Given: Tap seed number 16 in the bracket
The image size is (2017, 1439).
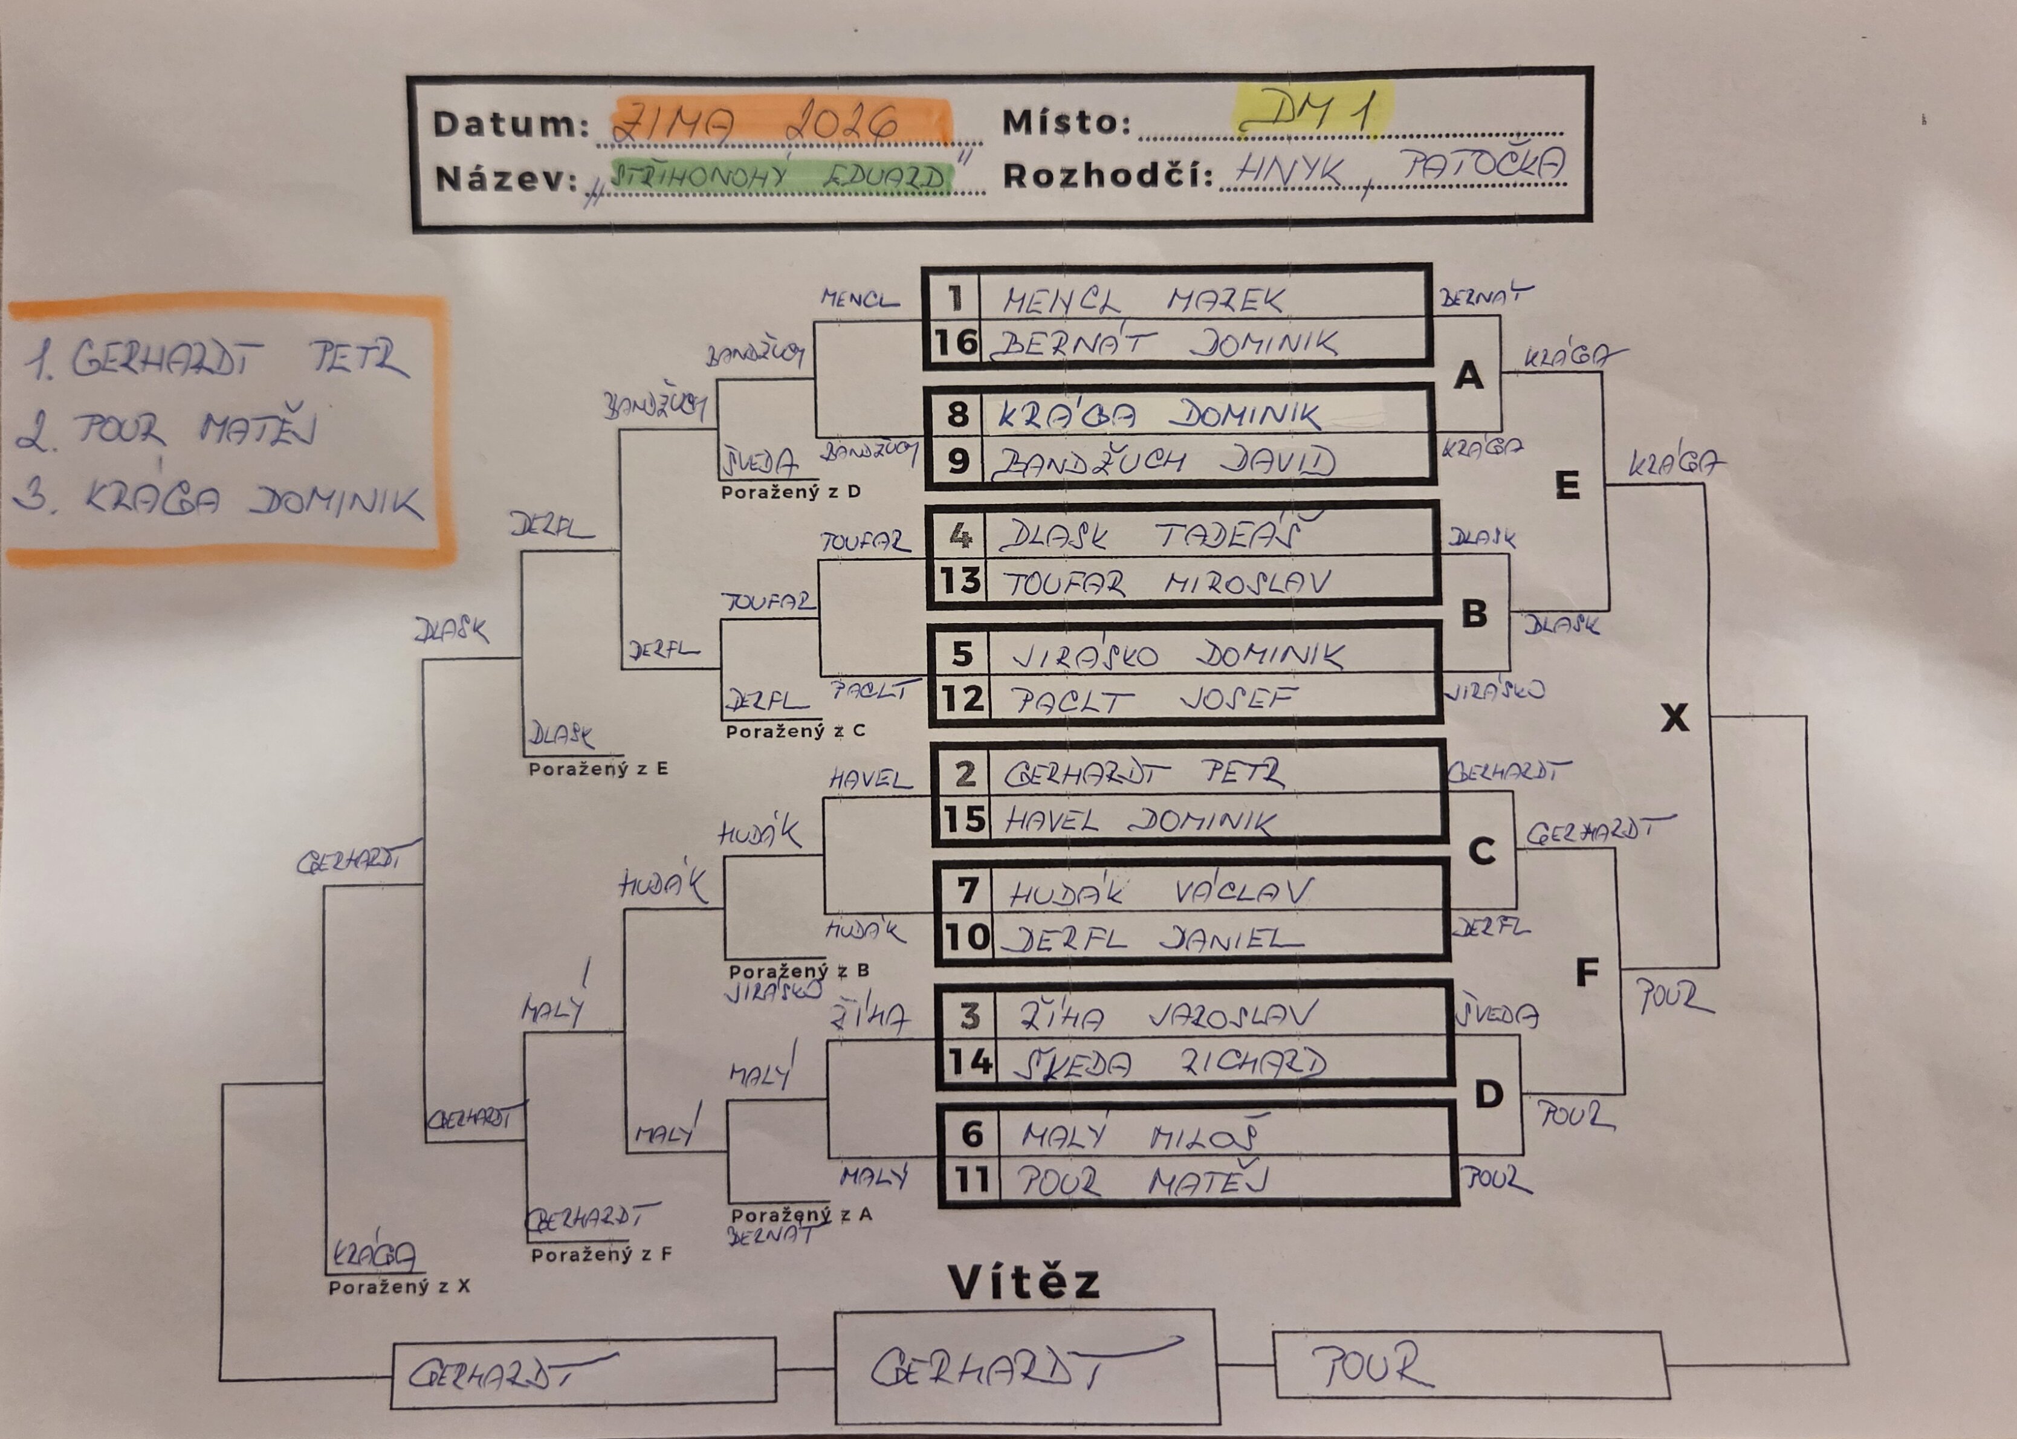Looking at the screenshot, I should (956, 342).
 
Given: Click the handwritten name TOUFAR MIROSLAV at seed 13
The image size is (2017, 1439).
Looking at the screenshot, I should (1166, 583).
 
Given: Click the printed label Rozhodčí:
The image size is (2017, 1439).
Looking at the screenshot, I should (1107, 176).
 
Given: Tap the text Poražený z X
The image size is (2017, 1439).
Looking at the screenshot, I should (399, 1287).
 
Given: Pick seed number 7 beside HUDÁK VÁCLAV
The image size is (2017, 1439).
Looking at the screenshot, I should (967, 889).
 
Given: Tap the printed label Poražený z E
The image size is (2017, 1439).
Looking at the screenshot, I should (598, 769).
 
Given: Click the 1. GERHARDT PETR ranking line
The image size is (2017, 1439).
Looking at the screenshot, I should (215, 360).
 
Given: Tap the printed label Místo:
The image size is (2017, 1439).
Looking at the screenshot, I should (1066, 123).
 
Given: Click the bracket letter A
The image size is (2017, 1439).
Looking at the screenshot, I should (1468, 376).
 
